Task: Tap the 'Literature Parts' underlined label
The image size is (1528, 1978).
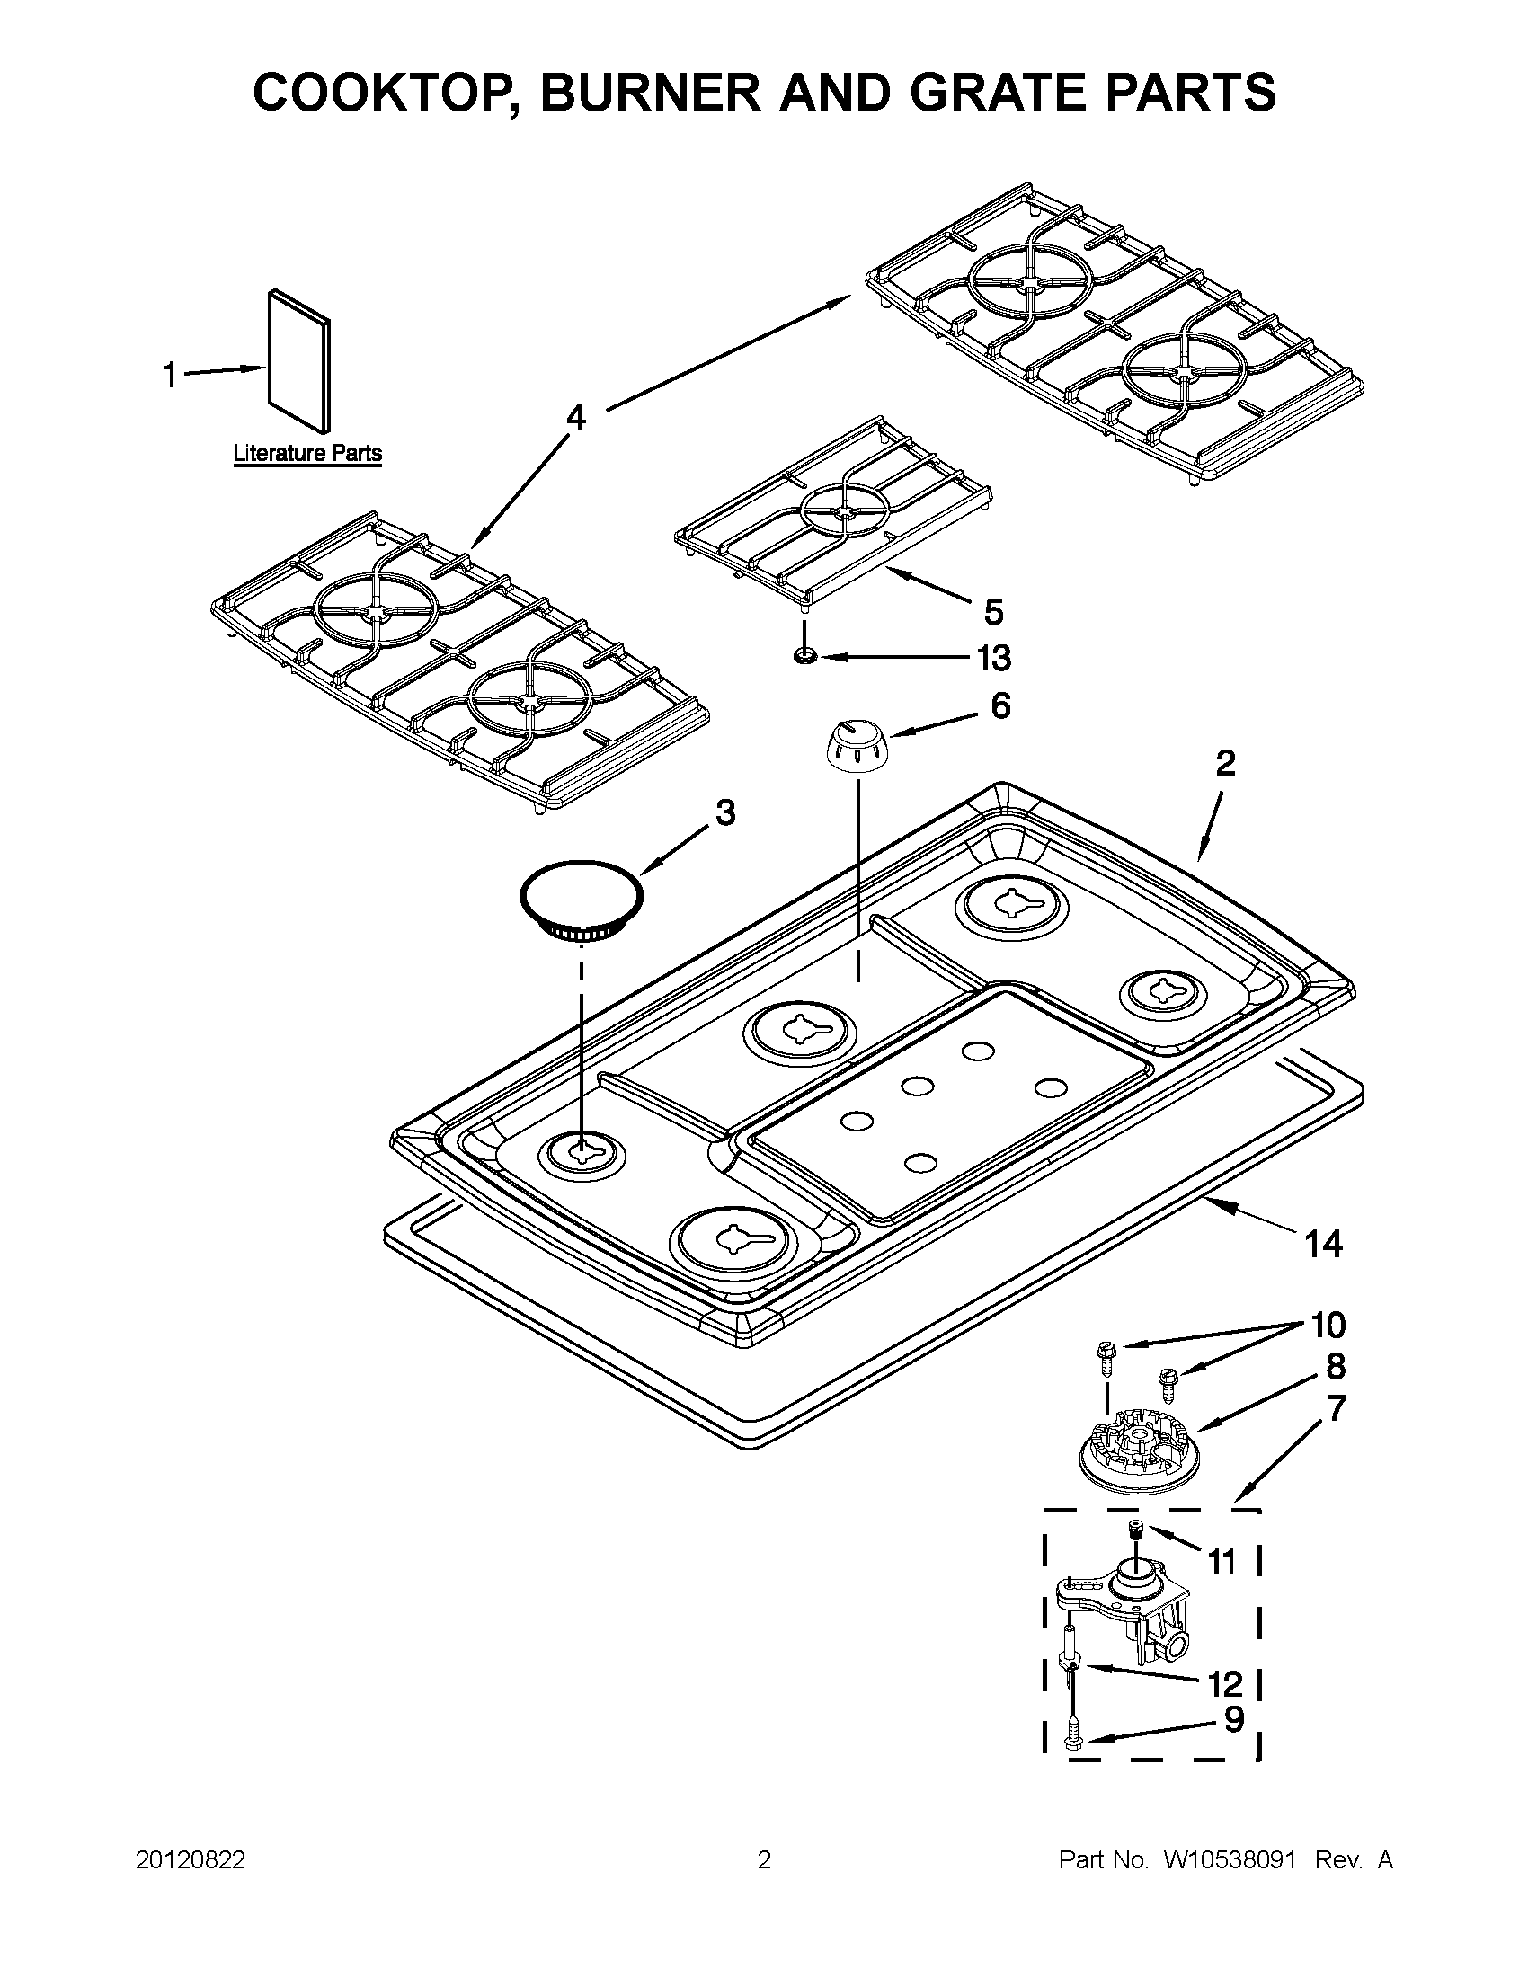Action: (x=307, y=453)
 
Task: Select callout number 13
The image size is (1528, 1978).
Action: (x=993, y=659)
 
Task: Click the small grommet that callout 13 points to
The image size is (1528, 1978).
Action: (x=804, y=655)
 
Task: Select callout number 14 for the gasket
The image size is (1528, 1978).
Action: (x=1322, y=1244)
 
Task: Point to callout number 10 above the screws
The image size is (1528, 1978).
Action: (x=1328, y=1325)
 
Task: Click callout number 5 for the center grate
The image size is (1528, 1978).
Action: (x=993, y=612)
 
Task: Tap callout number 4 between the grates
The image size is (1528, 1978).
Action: (x=576, y=418)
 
